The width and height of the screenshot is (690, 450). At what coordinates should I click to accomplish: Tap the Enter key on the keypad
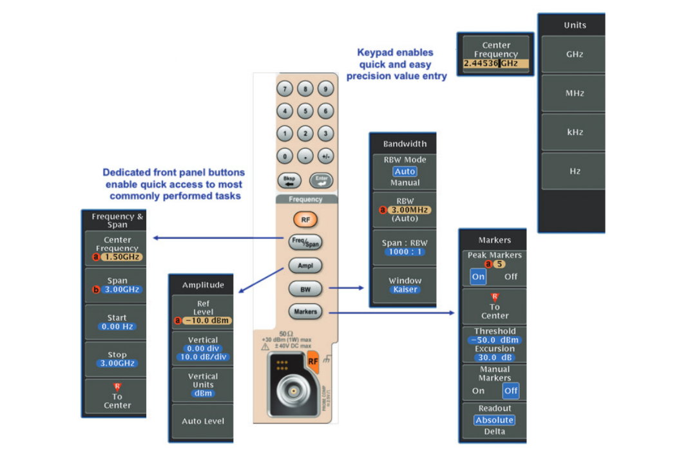321,181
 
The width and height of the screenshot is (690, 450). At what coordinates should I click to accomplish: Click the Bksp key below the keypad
289,181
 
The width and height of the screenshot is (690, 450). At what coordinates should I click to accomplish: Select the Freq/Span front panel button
305,243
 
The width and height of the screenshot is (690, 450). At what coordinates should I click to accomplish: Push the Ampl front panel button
305,265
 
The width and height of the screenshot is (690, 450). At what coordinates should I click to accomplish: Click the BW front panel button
305,288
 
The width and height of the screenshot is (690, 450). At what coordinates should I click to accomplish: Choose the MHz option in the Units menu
574,93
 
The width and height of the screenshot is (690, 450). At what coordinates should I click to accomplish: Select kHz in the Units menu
574,132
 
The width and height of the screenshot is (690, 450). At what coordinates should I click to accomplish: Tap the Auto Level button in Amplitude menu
203,421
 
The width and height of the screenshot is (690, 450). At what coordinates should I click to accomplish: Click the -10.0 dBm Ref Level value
207,321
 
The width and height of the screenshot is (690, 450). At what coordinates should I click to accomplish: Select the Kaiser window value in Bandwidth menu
405,290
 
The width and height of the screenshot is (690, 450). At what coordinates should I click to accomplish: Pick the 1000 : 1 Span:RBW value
405,252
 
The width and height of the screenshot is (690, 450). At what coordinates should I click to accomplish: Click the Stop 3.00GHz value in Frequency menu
117,363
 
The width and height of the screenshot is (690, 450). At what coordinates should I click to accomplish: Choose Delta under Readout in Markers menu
494,431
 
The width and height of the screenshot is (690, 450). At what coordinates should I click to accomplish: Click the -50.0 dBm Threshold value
495,340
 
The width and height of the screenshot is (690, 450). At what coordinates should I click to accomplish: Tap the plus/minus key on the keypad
326,156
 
